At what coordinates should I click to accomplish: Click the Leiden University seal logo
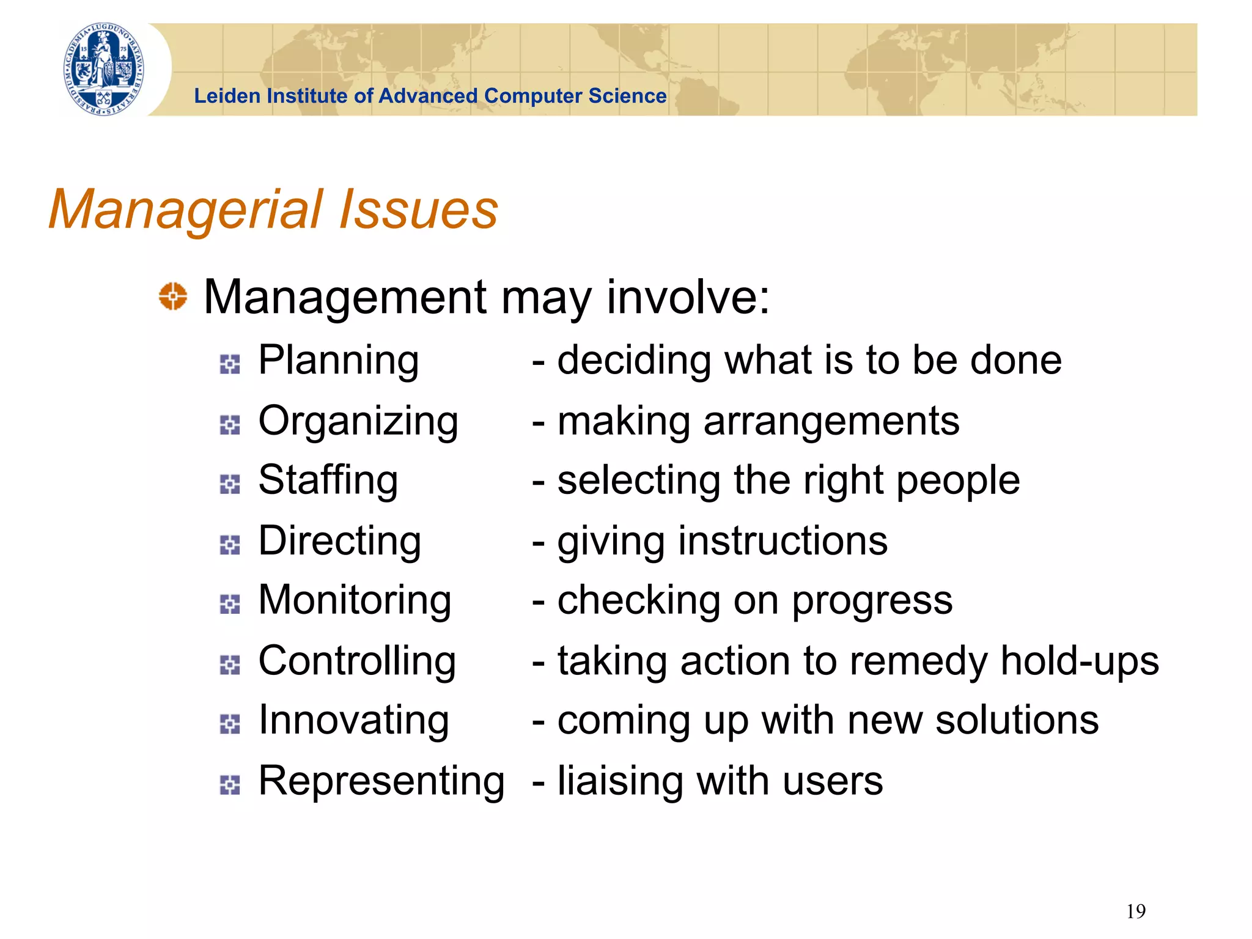(105, 69)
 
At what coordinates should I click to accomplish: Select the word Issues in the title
(418, 210)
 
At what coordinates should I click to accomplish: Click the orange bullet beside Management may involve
(173, 296)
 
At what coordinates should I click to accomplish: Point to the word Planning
(338, 361)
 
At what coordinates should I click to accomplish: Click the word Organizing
(358, 422)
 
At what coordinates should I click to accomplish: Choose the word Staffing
(328, 481)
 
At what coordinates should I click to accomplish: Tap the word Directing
(340, 542)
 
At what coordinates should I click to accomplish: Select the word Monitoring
(355, 601)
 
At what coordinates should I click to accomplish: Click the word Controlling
(357, 661)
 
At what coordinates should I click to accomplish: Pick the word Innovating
(353, 721)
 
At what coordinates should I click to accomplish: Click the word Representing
(381, 781)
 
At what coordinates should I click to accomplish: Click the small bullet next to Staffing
(230, 484)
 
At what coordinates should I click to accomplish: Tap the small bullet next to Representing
(230, 785)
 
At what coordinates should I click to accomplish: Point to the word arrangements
(831, 422)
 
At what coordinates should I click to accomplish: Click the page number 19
(1135, 911)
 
